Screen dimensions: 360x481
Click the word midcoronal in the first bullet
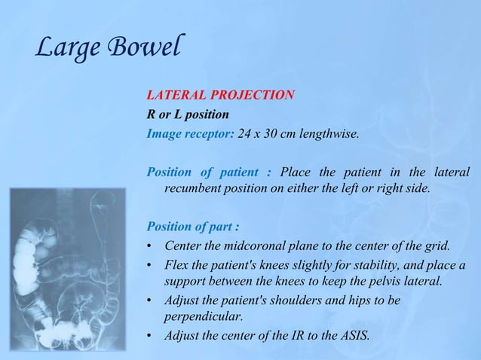pos(248,245)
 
